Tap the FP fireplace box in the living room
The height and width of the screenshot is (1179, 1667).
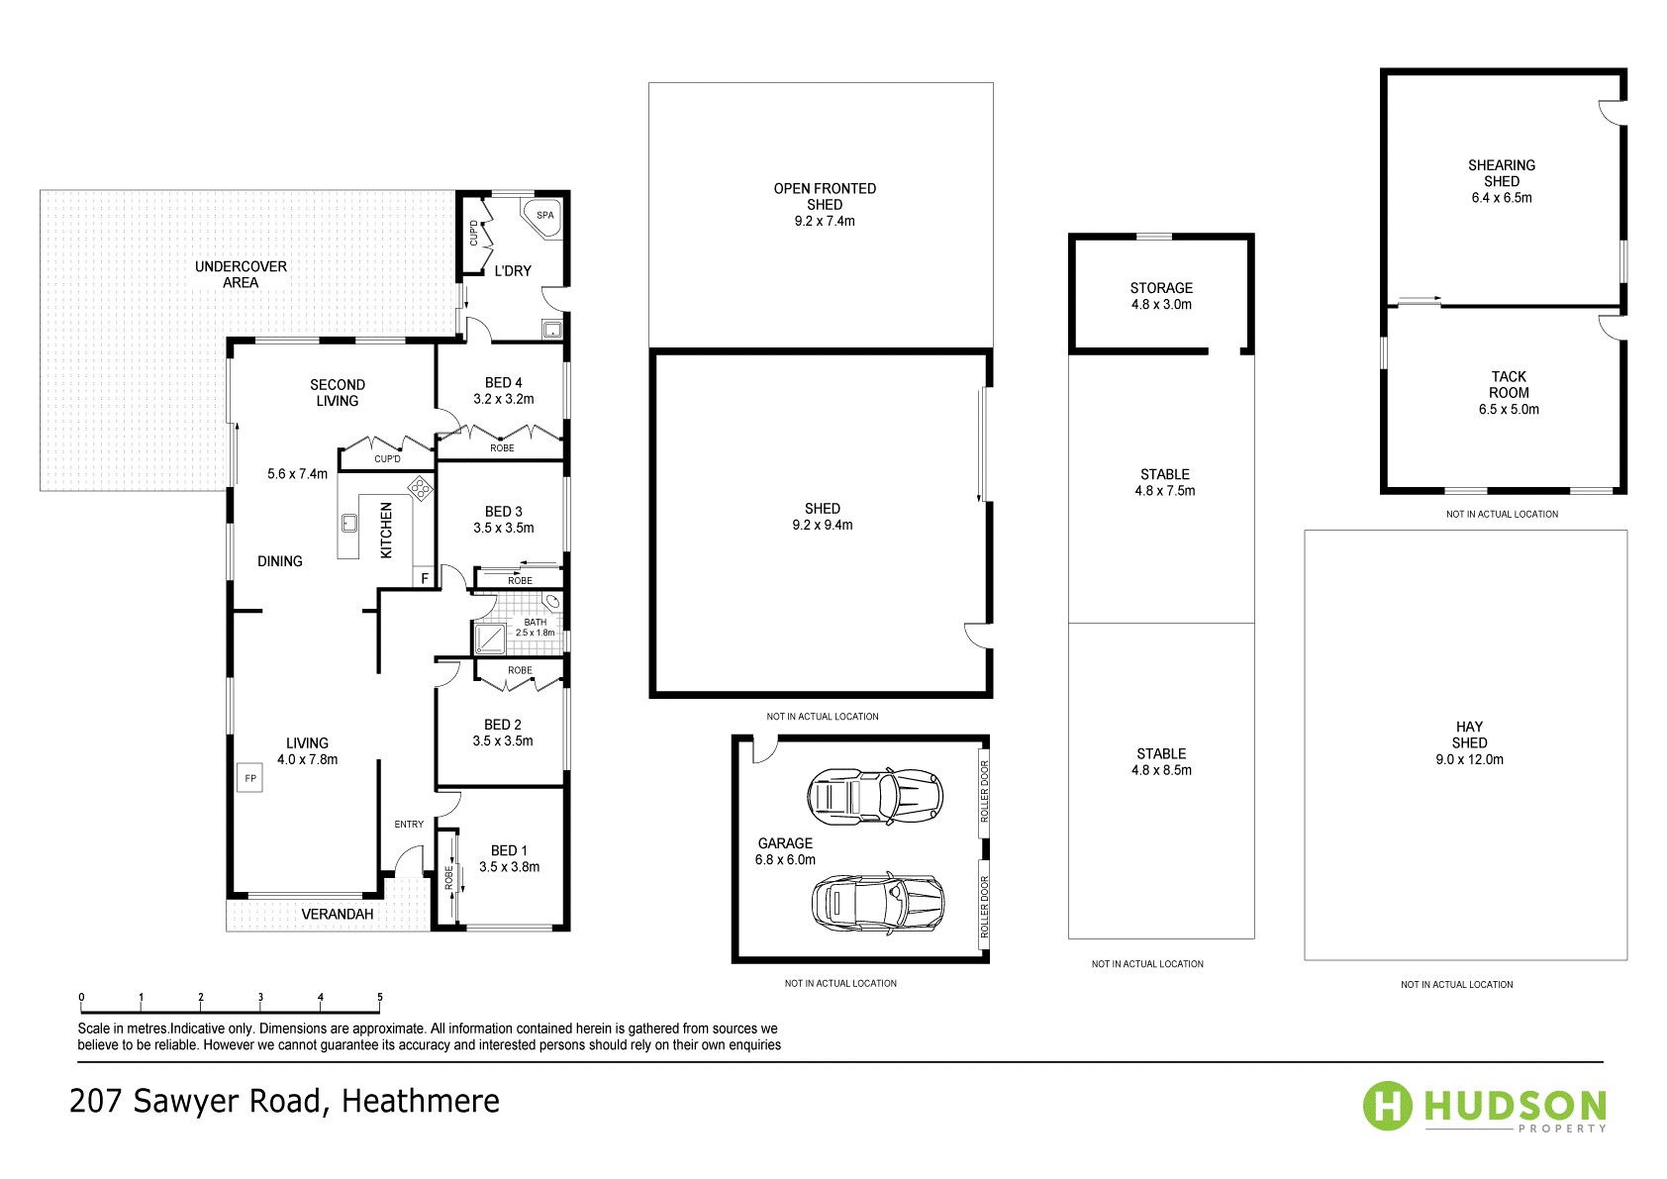point(250,778)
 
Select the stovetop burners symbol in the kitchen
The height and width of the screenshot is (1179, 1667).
point(421,487)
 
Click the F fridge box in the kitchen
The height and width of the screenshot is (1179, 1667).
point(426,578)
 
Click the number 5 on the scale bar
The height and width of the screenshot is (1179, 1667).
point(380,997)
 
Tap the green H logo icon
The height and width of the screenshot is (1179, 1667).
point(1388,1105)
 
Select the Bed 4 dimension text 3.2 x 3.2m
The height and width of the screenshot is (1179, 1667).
point(503,399)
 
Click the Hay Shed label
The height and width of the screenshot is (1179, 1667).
point(1469,735)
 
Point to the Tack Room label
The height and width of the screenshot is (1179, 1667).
point(1509,384)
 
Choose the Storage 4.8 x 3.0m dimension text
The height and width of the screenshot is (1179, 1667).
point(1161,305)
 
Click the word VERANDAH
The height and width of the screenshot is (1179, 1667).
point(338,914)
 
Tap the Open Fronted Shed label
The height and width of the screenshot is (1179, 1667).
point(825,196)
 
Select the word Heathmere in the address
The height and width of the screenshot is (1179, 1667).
point(421,1101)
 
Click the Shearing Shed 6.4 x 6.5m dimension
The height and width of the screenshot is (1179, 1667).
point(1501,198)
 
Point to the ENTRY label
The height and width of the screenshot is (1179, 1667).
point(409,824)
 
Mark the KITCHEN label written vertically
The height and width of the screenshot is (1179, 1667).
point(387,531)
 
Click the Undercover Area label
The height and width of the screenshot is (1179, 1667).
point(241,274)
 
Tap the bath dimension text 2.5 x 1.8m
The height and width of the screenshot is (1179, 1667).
point(536,633)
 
